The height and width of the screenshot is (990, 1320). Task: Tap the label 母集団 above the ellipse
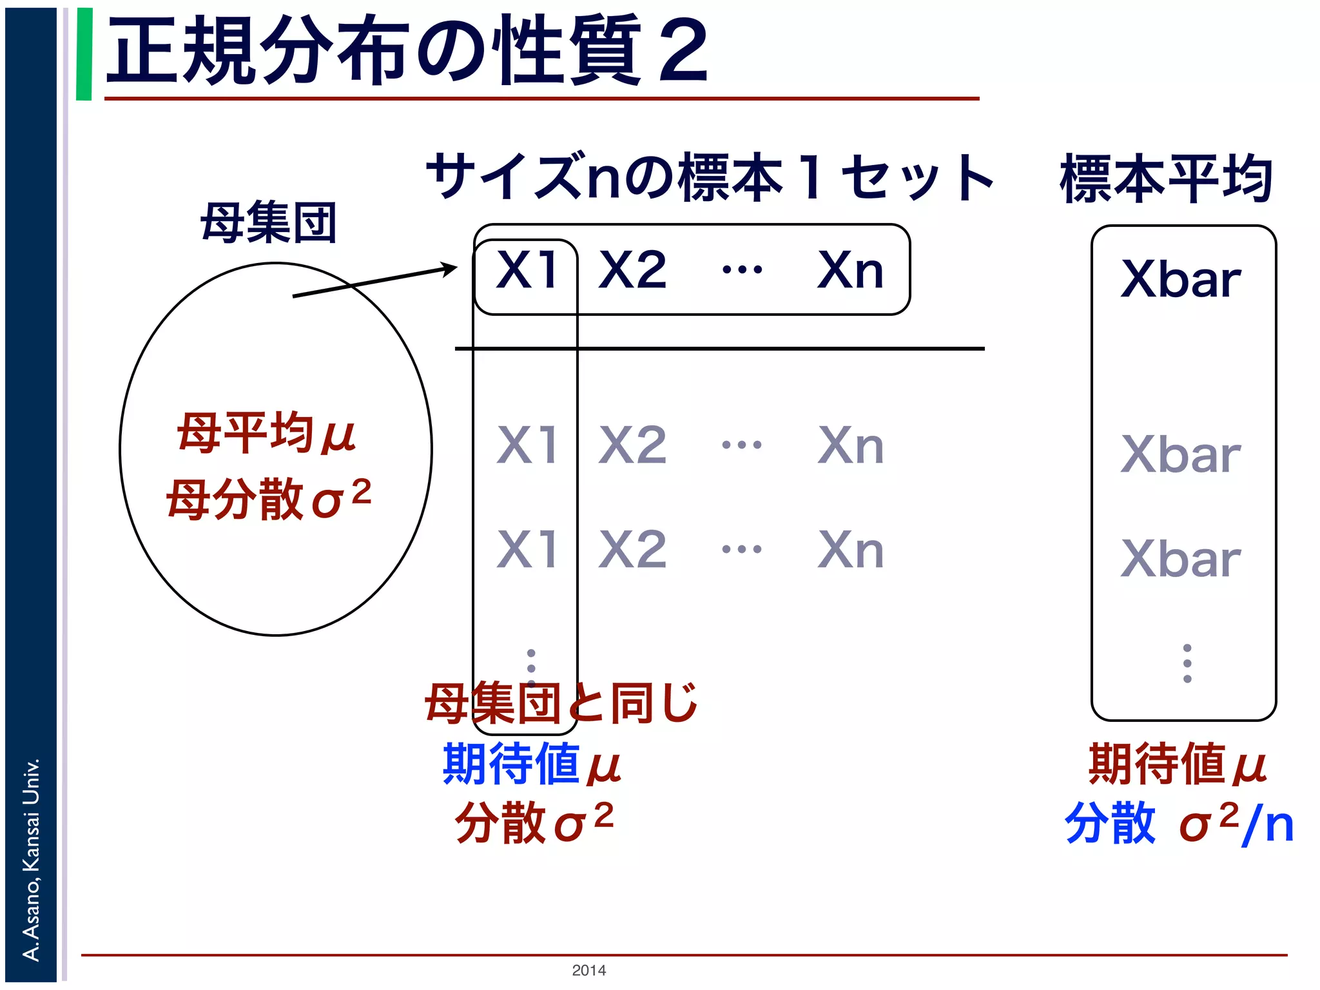268,223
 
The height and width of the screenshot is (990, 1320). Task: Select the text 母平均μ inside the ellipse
266,433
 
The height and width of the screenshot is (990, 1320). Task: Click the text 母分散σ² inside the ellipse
268,499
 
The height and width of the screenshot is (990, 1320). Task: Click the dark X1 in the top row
527,270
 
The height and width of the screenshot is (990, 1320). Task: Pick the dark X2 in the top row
632,270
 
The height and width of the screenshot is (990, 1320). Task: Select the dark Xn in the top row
850,270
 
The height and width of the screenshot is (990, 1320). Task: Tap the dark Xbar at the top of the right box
1181,279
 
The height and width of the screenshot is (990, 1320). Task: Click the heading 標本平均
1167,179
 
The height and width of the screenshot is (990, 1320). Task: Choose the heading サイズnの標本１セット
709,177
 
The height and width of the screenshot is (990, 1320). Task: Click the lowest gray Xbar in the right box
1181,559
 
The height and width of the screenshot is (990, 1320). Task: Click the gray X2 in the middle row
632,445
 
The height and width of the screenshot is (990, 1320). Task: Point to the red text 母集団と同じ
561,703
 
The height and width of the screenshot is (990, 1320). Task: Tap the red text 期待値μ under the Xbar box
1177,764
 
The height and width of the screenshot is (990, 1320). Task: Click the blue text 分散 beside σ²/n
1110,823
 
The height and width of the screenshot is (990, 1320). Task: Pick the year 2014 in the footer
588,970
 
